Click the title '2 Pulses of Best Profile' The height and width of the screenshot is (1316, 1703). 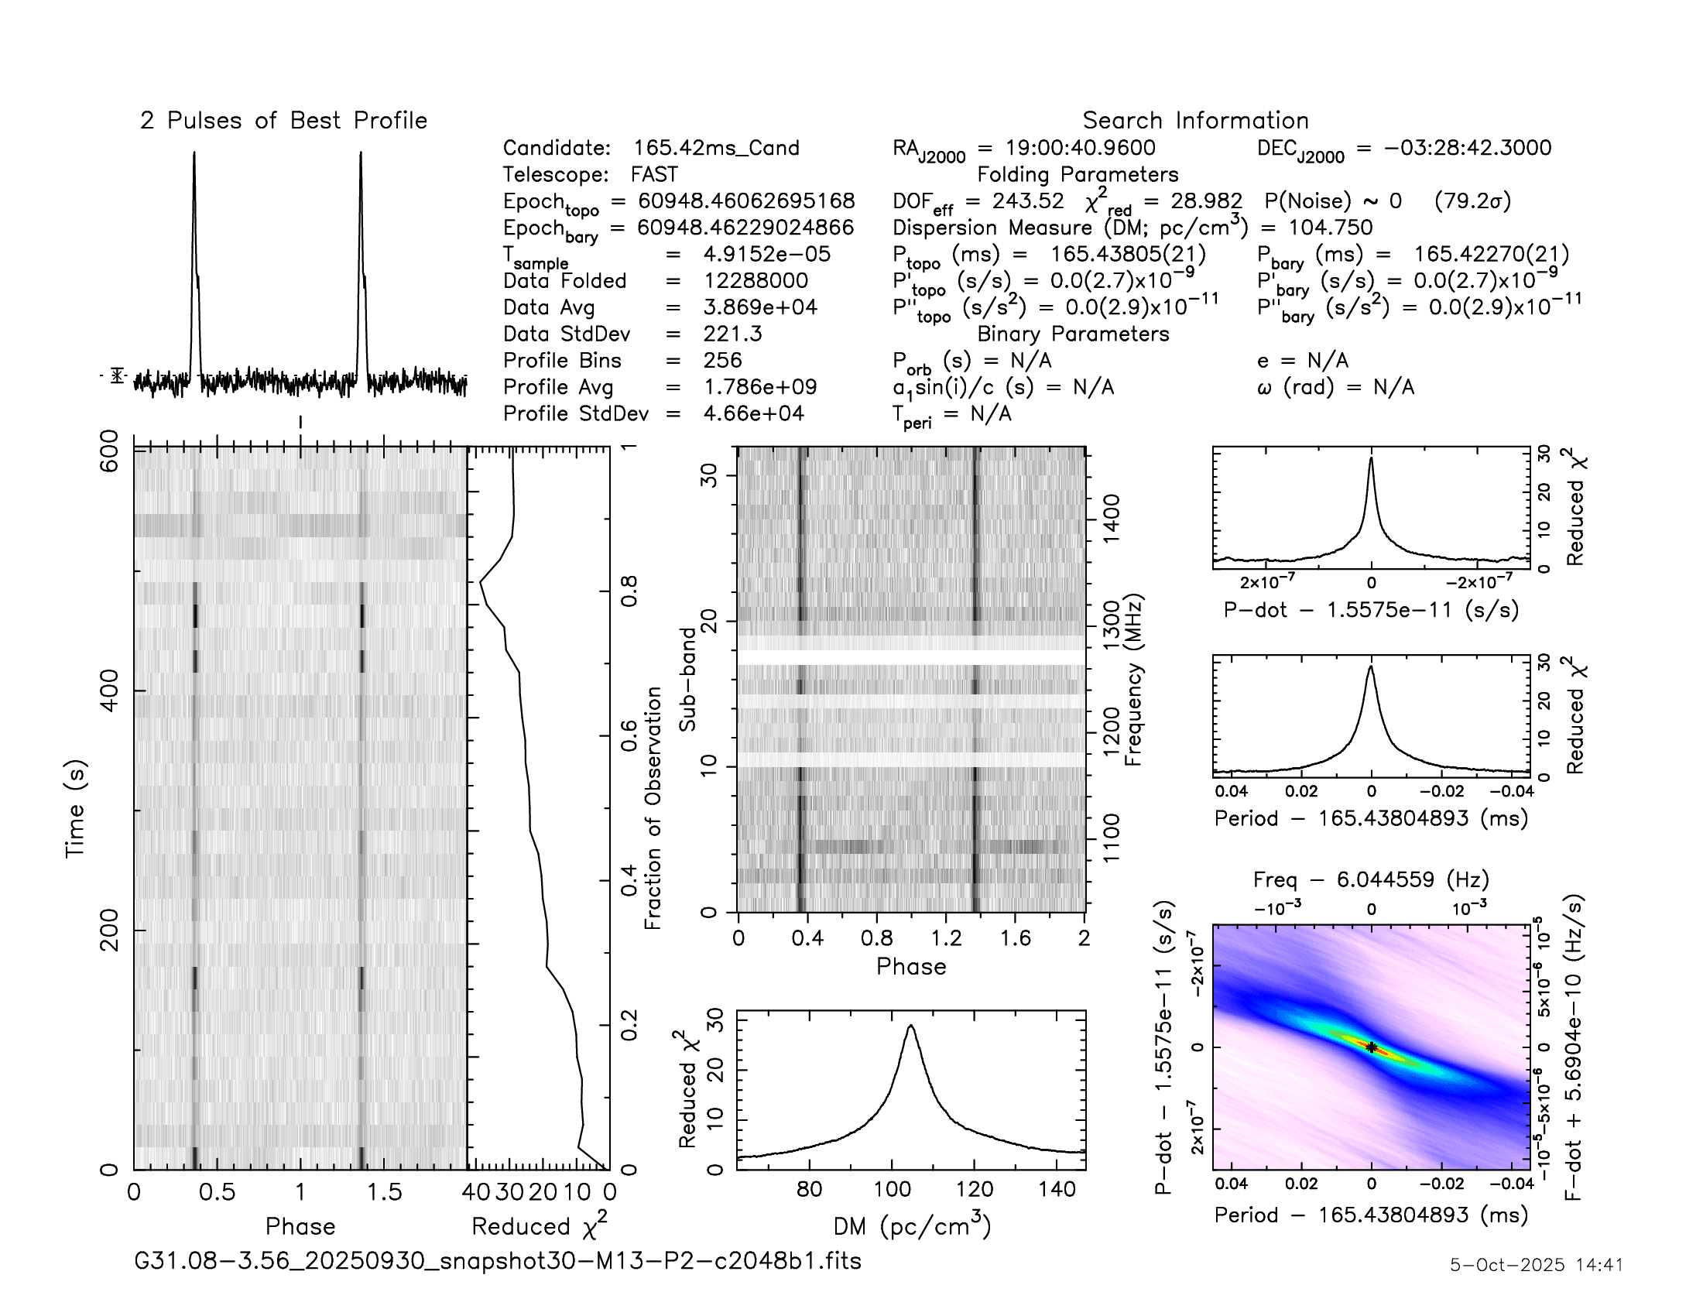[283, 121]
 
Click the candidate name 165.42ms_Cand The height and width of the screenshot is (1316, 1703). [716, 148]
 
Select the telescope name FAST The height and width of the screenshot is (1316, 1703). [654, 175]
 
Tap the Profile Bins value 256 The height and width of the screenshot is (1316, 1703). [722, 360]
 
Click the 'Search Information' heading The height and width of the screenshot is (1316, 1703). [1194, 121]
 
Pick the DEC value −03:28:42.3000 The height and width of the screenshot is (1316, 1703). [1468, 148]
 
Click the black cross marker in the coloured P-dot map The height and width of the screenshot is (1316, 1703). [1372, 1048]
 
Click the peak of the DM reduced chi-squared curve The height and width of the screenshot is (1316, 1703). [910, 1026]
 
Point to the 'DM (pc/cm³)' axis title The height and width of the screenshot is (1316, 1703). [912, 1226]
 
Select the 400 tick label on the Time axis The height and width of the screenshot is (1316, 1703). [109, 691]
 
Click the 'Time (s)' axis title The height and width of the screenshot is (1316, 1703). [75, 809]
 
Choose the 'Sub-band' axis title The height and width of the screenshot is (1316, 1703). [687, 679]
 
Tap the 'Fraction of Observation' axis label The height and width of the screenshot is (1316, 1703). [653, 807]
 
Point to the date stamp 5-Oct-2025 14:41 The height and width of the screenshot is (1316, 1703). [1536, 1265]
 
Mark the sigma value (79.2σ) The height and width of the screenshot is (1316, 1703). [1472, 201]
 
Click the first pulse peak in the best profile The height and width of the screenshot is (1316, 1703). [194, 153]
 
